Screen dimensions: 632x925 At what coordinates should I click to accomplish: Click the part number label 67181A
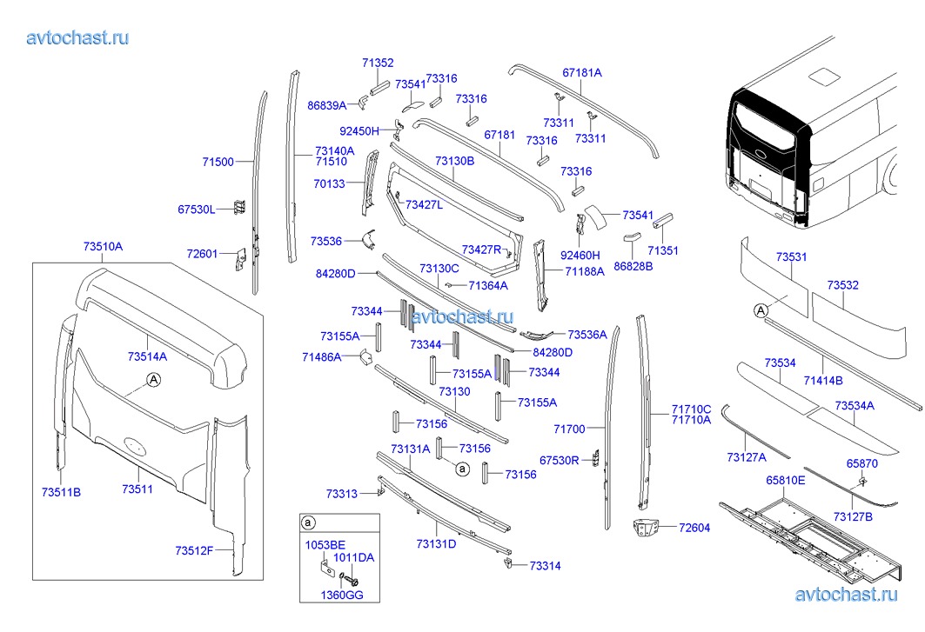582,73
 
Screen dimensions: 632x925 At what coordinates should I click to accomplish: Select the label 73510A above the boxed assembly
103,247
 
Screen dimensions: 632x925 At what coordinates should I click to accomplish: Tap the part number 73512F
194,550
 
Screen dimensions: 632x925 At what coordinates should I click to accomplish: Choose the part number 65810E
785,480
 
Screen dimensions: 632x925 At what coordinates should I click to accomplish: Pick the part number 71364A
487,285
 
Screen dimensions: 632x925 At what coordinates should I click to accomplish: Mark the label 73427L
424,205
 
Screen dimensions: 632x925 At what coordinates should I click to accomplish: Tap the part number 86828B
633,266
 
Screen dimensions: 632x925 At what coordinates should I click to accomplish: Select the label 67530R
559,459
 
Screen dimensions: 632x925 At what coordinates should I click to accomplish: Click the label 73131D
436,544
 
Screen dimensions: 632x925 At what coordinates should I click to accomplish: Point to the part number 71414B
823,380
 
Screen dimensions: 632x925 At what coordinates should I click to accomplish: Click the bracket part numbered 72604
646,528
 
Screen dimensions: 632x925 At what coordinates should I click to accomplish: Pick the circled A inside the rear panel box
153,379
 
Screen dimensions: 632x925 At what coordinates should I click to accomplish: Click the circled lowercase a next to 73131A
463,469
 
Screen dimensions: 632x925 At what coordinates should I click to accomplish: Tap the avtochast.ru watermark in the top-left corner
78,37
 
